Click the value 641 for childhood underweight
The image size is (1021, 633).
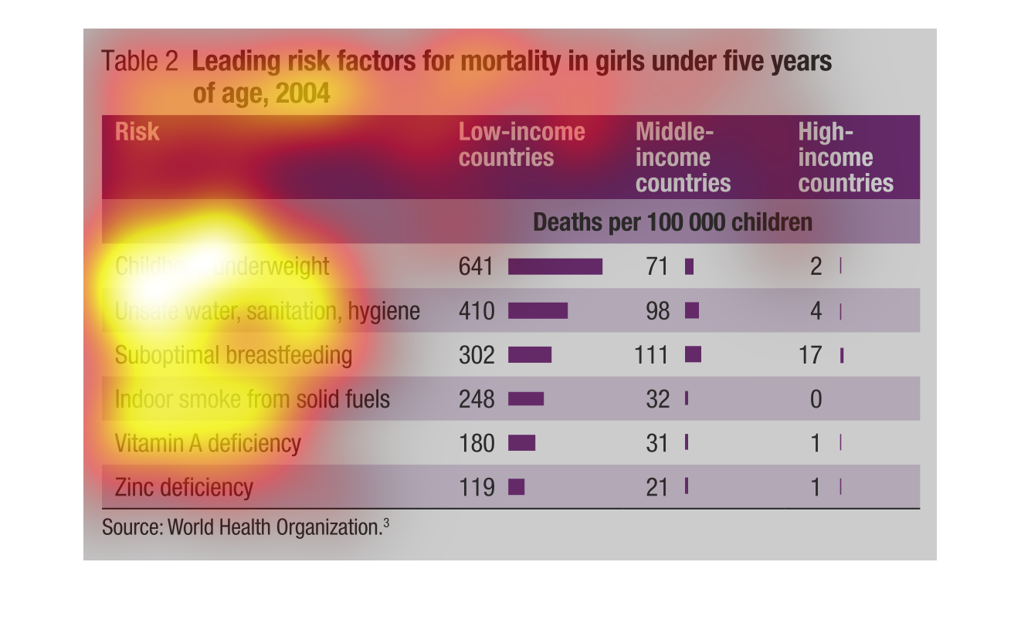coord(475,266)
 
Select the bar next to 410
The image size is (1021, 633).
coord(538,311)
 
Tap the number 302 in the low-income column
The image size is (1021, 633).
coord(476,355)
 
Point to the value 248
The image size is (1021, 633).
coord(476,399)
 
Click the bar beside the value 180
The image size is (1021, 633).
coord(521,443)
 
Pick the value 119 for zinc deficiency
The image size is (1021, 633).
coord(476,488)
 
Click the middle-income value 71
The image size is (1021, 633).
coord(657,266)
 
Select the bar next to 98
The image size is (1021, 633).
coord(692,310)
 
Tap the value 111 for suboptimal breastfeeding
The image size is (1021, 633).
coord(652,355)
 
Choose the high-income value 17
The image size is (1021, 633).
coord(811,355)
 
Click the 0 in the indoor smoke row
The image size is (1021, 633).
coord(816,399)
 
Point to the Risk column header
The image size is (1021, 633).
coord(137,132)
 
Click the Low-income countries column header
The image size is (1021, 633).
coord(521,144)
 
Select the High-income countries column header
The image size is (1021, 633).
coord(845,157)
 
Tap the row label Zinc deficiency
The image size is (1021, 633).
coord(184,488)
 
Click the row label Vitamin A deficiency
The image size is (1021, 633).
coord(207,444)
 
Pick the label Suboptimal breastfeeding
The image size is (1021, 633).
coord(232,356)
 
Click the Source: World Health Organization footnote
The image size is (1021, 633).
coord(245,527)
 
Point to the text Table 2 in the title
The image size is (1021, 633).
coord(140,62)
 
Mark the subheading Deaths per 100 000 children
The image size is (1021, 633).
coord(673,222)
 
